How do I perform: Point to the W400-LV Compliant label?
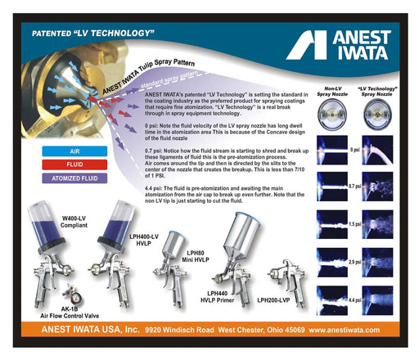[74, 222]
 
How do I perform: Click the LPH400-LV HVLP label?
[143, 240]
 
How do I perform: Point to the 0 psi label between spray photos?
[354, 150]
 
